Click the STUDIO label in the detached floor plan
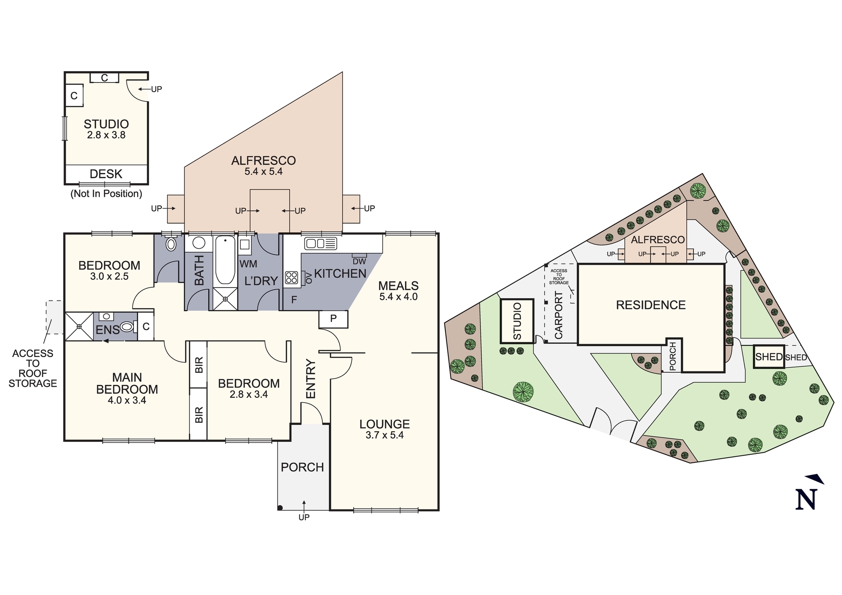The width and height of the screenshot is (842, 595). [106, 124]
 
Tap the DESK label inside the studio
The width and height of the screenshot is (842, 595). [106, 174]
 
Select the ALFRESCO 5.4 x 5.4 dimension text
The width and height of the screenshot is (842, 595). [264, 172]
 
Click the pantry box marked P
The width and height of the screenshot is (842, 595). [333, 319]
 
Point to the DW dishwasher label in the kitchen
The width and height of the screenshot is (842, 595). [360, 261]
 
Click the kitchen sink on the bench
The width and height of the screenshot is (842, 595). [321, 243]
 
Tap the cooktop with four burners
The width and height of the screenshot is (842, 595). [291, 277]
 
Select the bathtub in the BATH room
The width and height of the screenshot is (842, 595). [225, 260]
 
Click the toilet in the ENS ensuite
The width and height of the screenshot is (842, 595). [127, 326]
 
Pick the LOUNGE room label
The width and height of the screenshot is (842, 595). [384, 424]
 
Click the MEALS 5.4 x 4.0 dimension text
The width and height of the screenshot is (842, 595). [398, 297]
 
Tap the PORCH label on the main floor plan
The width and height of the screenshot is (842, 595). [302, 467]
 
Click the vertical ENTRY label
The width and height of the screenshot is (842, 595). [311, 379]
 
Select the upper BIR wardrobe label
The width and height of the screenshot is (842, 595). [199, 365]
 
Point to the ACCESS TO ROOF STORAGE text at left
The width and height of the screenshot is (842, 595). [33, 368]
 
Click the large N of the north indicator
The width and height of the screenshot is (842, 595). [806, 500]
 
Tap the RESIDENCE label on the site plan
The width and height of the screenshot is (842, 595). [651, 305]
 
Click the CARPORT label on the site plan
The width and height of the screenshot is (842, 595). [559, 315]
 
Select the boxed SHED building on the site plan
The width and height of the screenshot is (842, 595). [769, 357]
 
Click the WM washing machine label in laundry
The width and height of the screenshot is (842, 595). [248, 264]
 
